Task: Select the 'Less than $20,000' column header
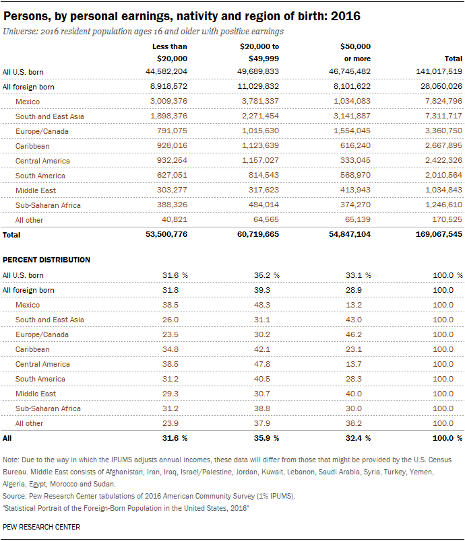tap(170, 52)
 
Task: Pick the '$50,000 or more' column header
tap(355, 52)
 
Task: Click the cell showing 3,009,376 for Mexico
tap(168, 101)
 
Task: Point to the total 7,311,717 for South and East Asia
tap(443, 116)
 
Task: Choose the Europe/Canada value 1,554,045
tap(352, 131)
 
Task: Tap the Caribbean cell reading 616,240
tap(355, 145)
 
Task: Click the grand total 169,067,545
tap(439, 234)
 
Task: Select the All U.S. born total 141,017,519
tap(439, 71)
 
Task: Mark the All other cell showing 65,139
tap(358, 219)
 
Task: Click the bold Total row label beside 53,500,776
tap(11, 235)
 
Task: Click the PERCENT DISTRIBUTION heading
tap(46, 260)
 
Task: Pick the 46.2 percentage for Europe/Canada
tap(354, 334)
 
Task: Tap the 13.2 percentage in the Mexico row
tap(354, 305)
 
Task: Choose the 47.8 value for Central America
tap(262, 364)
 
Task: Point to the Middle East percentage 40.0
tap(354, 394)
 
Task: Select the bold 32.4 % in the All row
tap(359, 438)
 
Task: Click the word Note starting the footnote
tap(10, 460)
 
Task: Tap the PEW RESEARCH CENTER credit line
tap(41, 527)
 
